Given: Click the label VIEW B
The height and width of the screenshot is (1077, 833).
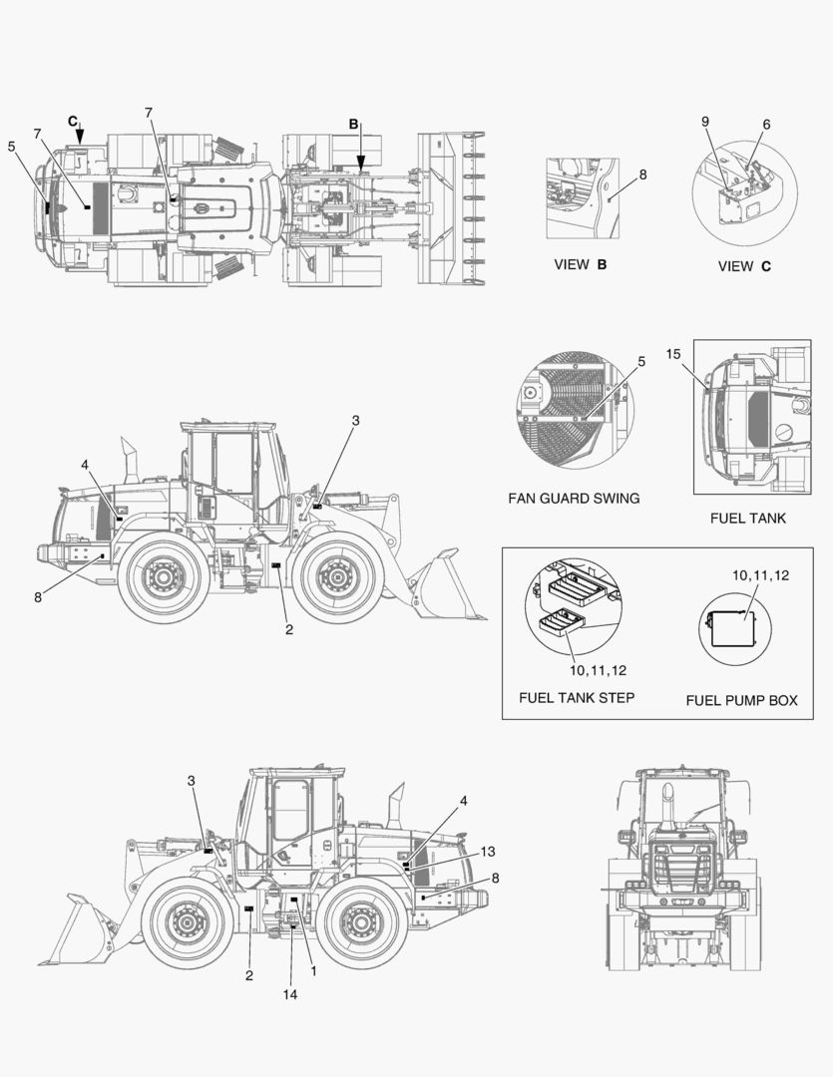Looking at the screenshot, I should point(580,265).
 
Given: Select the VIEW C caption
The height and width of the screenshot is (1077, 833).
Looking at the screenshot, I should point(744,266).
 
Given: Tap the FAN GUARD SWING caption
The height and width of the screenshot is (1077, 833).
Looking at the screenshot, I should point(574,498).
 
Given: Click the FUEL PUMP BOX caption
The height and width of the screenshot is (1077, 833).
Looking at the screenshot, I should point(741,700).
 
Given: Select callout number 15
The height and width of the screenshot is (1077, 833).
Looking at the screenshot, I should point(672,354).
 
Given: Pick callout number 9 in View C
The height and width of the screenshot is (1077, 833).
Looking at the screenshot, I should point(705,122).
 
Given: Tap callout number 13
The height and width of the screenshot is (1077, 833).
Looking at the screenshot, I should point(487,851).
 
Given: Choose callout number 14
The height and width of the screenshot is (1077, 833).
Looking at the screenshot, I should point(290,994).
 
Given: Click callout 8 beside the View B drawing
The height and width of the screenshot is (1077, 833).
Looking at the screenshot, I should point(642,174).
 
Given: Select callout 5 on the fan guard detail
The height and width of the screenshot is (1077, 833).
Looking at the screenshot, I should point(641,362).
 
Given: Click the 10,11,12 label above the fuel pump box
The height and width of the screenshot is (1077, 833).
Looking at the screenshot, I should point(760,575).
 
